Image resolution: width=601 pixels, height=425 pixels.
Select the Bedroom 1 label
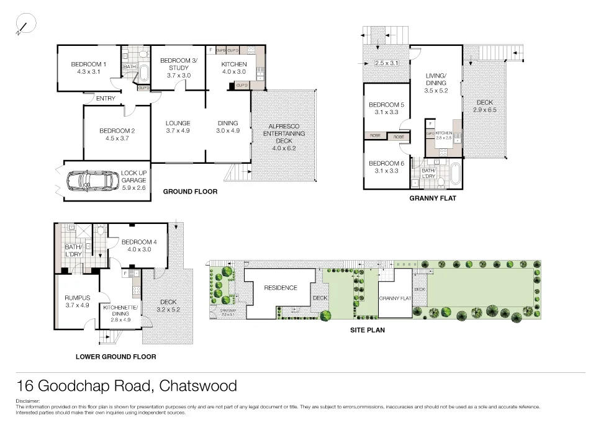click(89, 64)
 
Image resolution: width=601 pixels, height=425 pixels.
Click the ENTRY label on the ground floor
click(106, 98)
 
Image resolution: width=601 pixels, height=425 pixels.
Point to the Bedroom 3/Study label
click(178, 64)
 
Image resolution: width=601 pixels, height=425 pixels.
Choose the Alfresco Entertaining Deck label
click(284, 133)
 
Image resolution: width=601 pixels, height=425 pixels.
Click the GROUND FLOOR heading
click(190, 192)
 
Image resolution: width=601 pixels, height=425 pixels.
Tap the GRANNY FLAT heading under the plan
click(433, 199)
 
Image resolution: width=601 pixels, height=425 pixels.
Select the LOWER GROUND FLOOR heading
click(115, 357)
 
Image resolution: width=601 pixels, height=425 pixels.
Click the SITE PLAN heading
click(368, 330)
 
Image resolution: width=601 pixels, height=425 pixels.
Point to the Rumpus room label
click(77, 298)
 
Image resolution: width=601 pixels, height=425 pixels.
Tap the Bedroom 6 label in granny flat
click(386, 163)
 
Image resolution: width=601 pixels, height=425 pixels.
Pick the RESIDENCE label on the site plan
click(281, 288)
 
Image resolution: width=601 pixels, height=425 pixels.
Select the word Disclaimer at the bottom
click(28, 401)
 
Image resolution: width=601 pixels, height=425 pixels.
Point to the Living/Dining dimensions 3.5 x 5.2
click(435, 90)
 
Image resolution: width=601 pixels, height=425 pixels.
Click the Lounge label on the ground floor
click(178, 123)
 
